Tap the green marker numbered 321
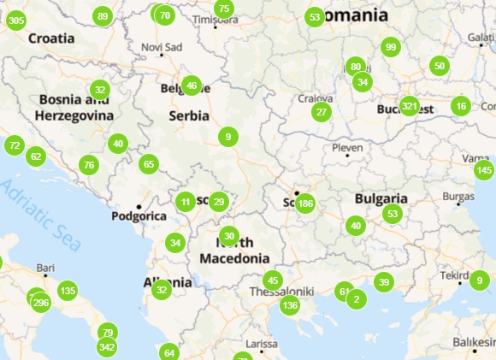pyautogui.click(x=409, y=107)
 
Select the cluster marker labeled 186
pyautogui.click(x=304, y=204)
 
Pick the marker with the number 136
pyautogui.click(x=290, y=305)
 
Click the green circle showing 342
pyautogui.click(x=107, y=347)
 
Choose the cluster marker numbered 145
pyautogui.click(x=484, y=170)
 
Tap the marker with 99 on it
pyautogui.click(x=391, y=47)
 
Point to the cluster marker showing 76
pyautogui.click(x=89, y=165)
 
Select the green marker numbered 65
pyautogui.click(x=149, y=164)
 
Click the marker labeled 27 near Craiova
pyautogui.click(x=321, y=112)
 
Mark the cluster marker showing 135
pyautogui.click(x=68, y=291)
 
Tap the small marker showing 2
pyautogui.click(x=355, y=299)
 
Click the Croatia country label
pyautogui.click(x=51, y=38)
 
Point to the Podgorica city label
pyautogui.click(x=139, y=216)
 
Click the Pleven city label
pyautogui.click(x=347, y=148)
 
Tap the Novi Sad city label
pyautogui.click(x=162, y=46)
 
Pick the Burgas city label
pyautogui.click(x=458, y=198)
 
